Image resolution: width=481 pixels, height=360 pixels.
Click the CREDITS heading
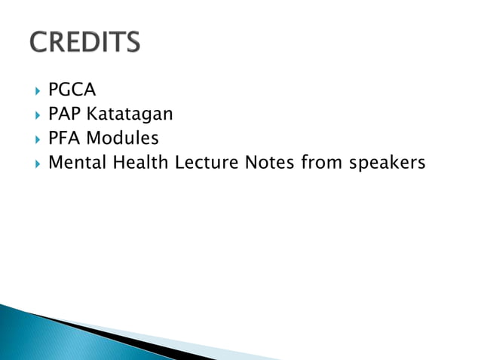point(85,41)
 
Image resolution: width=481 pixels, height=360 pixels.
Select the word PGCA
point(72,90)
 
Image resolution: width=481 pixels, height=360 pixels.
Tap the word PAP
point(62,114)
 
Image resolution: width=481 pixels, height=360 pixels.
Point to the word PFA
point(61,138)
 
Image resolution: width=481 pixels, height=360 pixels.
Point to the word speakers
point(387,163)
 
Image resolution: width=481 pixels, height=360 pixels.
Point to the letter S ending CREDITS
point(132,41)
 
